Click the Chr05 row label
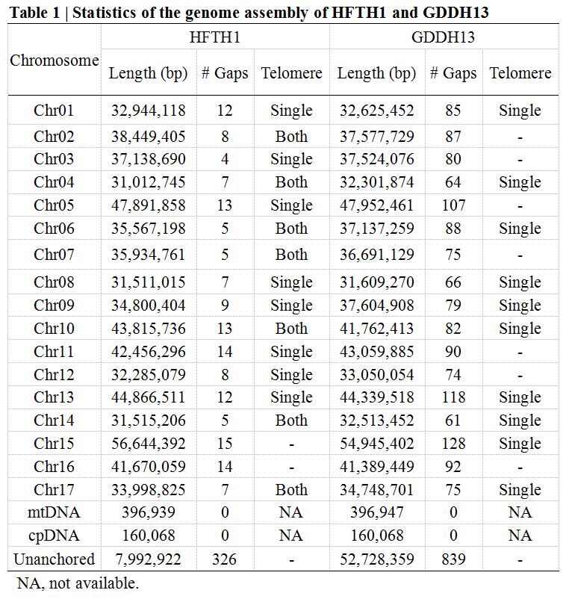(x=55, y=205)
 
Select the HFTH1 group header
(x=215, y=37)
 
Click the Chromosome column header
(x=55, y=60)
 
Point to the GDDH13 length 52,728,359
(x=376, y=559)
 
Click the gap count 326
(x=224, y=559)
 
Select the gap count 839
(x=453, y=559)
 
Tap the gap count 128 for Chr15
(x=453, y=444)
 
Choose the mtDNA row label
(x=55, y=512)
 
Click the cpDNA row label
(x=55, y=536)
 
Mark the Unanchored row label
(x=55, y=559)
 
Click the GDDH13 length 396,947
(x=376, y=512)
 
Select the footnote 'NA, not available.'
(x=77, y=583)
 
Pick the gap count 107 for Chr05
(x=453, y=205)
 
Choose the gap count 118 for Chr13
(x=453, y=397)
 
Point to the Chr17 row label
(x=55, y=490)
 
